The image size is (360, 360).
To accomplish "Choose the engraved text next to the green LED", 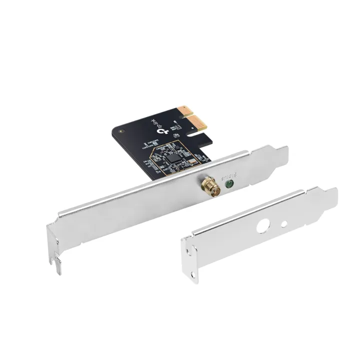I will (239, 176).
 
